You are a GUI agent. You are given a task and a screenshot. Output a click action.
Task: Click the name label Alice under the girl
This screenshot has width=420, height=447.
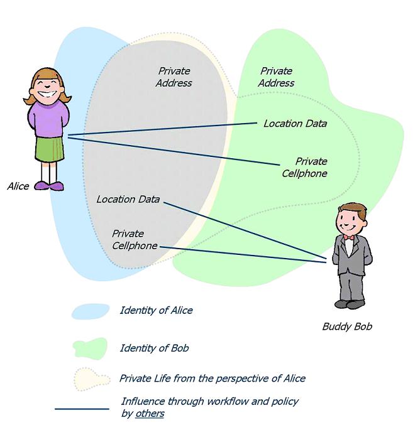coord(18,186)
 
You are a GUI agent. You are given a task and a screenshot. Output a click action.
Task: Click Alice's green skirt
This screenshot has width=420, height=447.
coord(50,149)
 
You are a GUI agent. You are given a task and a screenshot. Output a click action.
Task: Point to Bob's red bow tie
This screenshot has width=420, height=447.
coord(348,238)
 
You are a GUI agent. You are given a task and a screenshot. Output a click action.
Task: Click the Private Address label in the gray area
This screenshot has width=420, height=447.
coord(174,77)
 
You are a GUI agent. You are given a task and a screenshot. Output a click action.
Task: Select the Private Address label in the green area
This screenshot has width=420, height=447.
coord(276,77)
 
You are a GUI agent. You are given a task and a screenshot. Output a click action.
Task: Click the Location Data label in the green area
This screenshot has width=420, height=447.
coord(295,124)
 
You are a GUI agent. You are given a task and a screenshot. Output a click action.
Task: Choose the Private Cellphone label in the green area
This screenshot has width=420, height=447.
coord(305,168)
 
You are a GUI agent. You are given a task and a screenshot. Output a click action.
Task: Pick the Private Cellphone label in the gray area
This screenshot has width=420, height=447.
coord(135,240)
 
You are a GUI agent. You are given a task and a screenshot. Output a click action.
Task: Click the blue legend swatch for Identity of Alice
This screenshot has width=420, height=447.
coord(91,311)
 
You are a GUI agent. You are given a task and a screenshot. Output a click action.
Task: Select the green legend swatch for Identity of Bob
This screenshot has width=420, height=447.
coord(90,347)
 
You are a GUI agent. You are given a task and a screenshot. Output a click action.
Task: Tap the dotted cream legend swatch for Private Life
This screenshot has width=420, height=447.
coord(91,379)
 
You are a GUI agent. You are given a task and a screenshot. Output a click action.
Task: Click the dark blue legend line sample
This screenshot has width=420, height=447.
coord(82,409)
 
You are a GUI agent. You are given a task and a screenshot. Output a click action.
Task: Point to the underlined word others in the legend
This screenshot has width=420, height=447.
coord(150,414)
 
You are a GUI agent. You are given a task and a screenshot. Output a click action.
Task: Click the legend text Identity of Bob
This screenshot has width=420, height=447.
coord(154,348)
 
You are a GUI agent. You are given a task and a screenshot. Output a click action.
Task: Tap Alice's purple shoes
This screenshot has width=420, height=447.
coord(48,186)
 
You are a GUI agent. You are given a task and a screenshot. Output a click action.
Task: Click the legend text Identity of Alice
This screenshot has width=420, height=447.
coord(156,311)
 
